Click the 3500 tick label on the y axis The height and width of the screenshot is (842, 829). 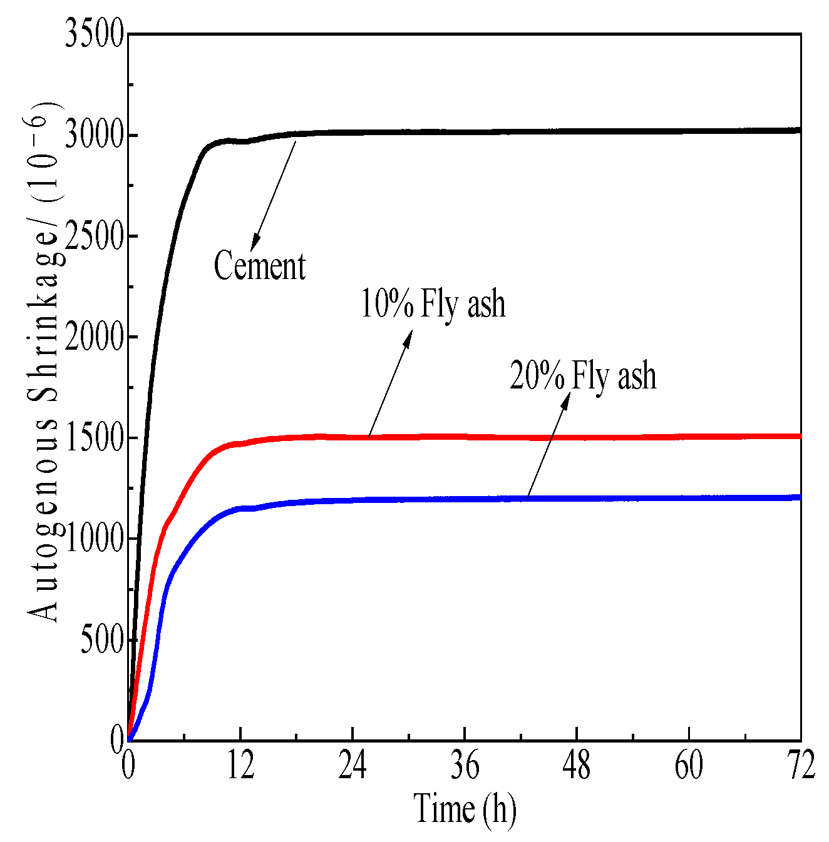tap(94, 34)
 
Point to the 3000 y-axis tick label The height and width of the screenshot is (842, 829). tap(94, 135)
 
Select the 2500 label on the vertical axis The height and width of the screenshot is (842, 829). tap(94, 236)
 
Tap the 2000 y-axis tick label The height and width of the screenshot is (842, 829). tap(94, 337)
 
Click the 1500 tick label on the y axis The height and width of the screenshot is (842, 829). tap(94, 438)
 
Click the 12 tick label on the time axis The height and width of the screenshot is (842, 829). tap(240, 766)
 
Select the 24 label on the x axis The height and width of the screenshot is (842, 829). tap(353, 766)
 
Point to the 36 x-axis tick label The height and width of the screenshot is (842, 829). tap(465, 766)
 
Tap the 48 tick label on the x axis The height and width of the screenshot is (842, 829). tap(577, 766)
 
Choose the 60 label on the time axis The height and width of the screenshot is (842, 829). tap(689, 766)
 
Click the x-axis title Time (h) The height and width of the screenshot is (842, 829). tap(465, 808)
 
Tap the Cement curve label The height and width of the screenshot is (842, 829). tap(260, 266)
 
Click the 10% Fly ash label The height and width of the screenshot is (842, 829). tap(433, 304)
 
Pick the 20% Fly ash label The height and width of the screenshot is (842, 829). tap(583, 377)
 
